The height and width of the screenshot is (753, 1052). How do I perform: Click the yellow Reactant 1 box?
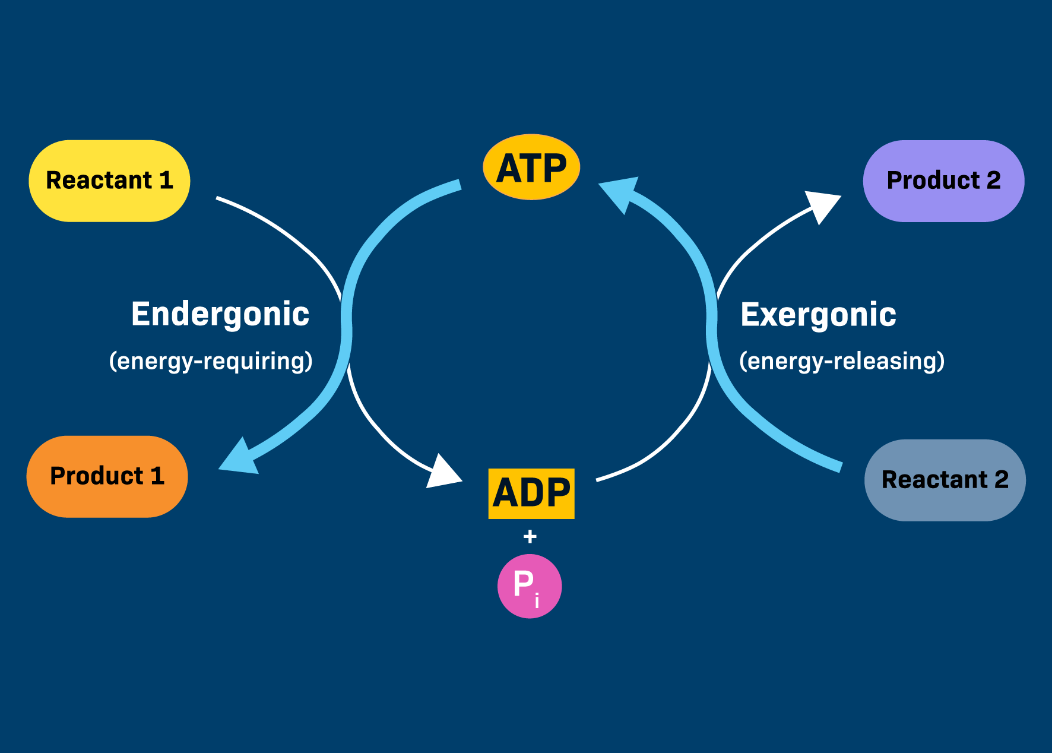click(109, 181)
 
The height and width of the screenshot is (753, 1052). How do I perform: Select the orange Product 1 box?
click(107, 476)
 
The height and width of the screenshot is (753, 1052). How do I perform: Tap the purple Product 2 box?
click(943, 181)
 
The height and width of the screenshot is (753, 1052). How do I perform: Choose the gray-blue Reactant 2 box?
click(945, 480)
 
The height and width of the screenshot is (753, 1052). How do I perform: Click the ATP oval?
click(531, 167)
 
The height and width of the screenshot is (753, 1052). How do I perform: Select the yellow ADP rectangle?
click(531, 493)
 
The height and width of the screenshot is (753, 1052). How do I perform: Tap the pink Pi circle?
click(530, 586)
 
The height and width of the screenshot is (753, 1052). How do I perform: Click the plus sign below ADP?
click(530, 537)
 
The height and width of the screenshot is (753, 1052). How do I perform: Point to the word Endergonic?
click(220, 314)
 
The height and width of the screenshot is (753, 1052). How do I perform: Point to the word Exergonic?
click(818, 314)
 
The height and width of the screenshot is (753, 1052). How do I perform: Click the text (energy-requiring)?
click(211, 361)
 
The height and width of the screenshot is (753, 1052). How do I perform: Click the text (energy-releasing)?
click(842, 361)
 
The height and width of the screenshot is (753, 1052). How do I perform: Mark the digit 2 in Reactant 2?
click(1002, 479)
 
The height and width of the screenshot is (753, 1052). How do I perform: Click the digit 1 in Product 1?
click(157, 476)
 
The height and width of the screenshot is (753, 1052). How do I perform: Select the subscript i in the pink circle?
click(537, 601)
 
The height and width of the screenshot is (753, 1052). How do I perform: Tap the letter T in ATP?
click(531, 168)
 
